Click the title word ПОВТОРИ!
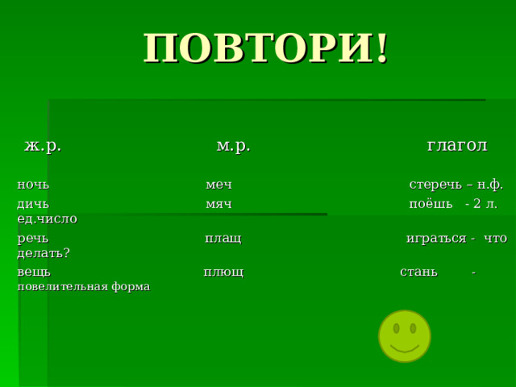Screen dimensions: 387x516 265,49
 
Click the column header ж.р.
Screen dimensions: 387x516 43,145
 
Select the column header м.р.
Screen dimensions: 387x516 233,145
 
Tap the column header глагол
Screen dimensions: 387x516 456,145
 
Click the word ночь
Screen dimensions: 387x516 33,184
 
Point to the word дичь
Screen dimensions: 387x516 33,204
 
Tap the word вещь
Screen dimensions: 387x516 33,272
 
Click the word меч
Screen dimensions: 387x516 218,184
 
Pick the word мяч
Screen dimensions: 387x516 218,204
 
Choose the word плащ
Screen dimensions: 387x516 223,239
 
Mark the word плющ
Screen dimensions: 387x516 223,272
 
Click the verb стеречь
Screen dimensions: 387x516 436,184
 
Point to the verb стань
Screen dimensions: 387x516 418,272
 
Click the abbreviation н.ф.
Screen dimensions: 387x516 489,184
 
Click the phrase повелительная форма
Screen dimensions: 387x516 83,286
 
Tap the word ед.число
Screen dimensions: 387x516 47,218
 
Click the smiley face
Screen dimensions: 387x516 405,335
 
